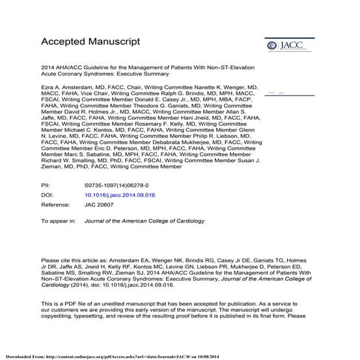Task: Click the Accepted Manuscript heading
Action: [90, 42]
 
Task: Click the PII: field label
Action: [47, 186]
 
